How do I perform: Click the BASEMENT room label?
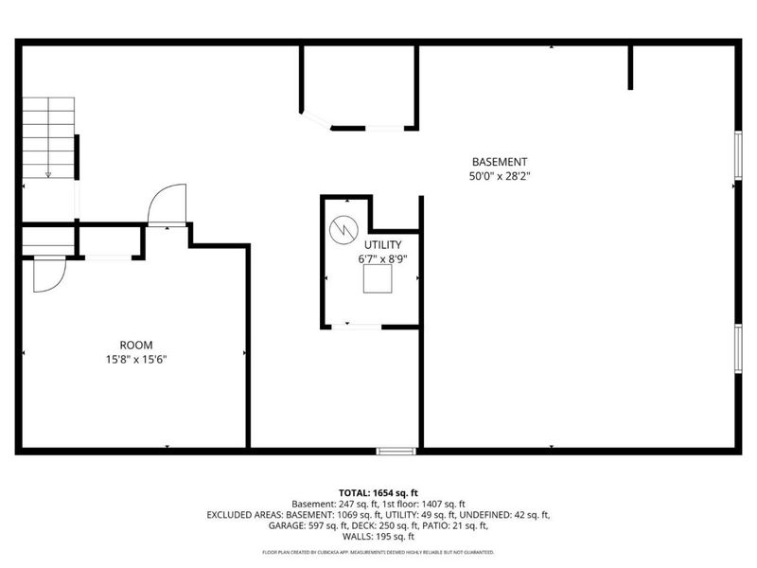[x=500, y=162]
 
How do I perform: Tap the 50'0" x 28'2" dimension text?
[x=500, y=176]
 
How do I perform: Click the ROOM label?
[x=136, y=346]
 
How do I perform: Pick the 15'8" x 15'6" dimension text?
[x=136, y=360]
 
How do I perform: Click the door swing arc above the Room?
[x=167, y=204]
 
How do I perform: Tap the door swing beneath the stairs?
[x=47, y=274]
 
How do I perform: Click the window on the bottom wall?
[x=396, y=452]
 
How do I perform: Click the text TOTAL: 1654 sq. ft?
[x=378, y=493]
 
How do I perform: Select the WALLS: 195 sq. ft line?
[x=378, y=536]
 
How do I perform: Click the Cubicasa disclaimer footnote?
[x=378, y=552]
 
